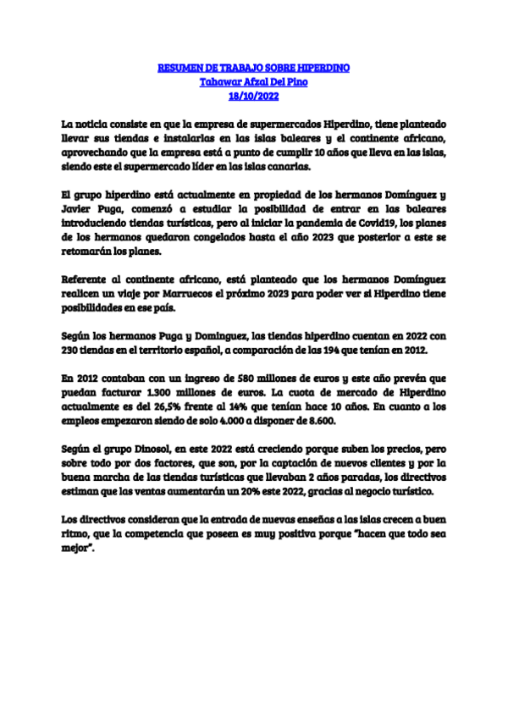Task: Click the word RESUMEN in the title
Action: [x=179, y=68]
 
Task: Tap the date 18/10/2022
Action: [x=254, y=97]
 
